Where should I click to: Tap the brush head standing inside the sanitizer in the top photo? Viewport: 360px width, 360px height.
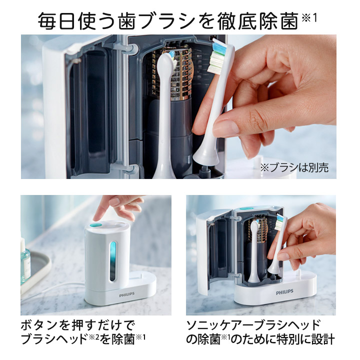[x=165, y=110]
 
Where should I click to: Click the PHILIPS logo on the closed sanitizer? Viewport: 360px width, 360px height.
[x=127, y=295]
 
